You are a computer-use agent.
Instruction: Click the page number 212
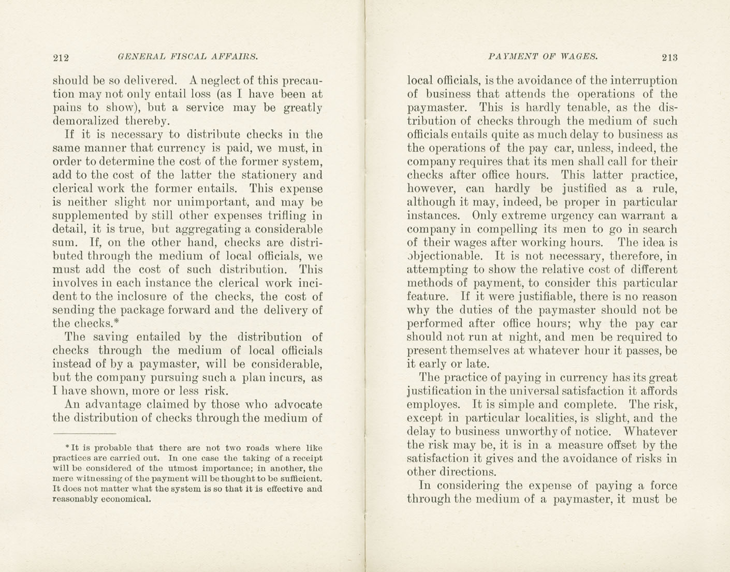tap(61, 57)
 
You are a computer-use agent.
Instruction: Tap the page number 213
tap(669, 57)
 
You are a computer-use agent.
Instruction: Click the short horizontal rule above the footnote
tap(84, 433)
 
